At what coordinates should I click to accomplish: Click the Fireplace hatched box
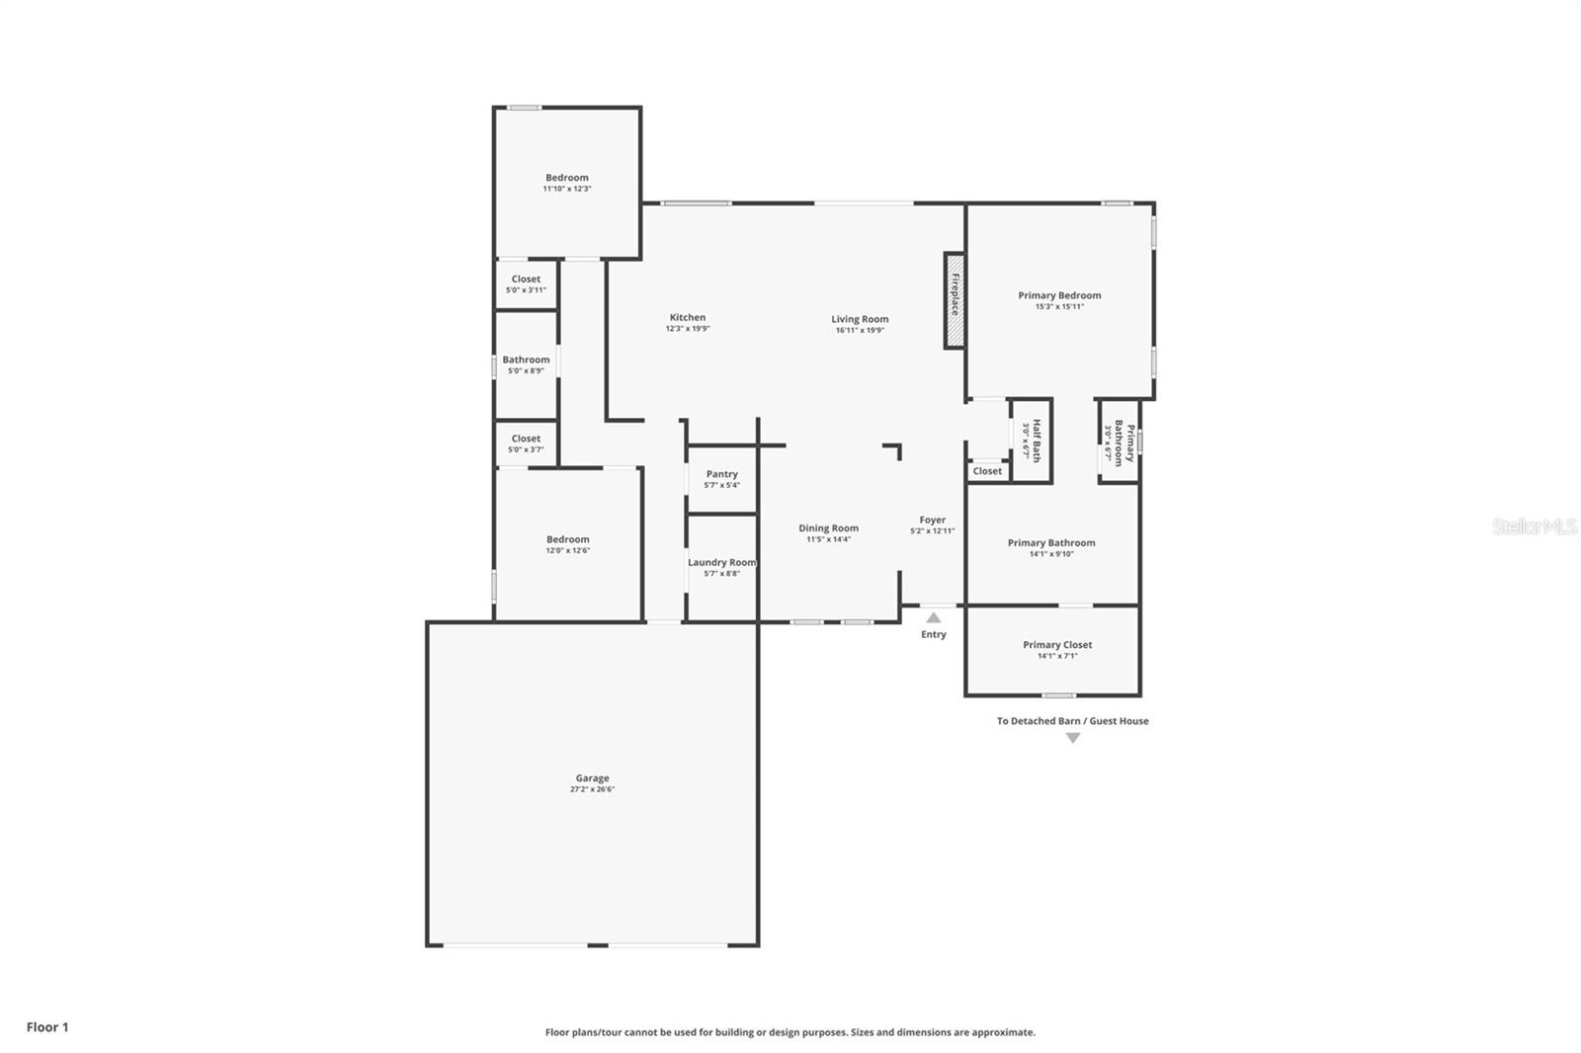(x=954, y=300)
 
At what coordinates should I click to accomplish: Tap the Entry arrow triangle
(x=934, y=618)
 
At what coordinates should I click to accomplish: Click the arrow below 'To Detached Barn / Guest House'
(x=1072, y=738)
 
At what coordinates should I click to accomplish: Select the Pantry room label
(x=721, y=474)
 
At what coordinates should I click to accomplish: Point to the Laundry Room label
(x=721, y=562)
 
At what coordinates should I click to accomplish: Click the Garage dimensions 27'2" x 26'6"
(x=592, y=789)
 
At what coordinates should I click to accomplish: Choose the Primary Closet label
(x=1057, y=645)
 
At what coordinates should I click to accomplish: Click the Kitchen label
(x=688, y=317)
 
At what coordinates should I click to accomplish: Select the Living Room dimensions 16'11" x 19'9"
(x=860, y=330)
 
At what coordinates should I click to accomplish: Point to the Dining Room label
(x=828, y=528)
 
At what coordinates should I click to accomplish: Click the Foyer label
(x=932, y=520)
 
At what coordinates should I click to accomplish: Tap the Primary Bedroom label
(x=1059, y=295)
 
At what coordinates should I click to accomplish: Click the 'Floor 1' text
(x=47, y=1027)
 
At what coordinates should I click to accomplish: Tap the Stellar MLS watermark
(x=1535, y=526)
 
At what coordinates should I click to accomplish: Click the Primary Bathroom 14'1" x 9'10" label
(x=1051, y=543)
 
